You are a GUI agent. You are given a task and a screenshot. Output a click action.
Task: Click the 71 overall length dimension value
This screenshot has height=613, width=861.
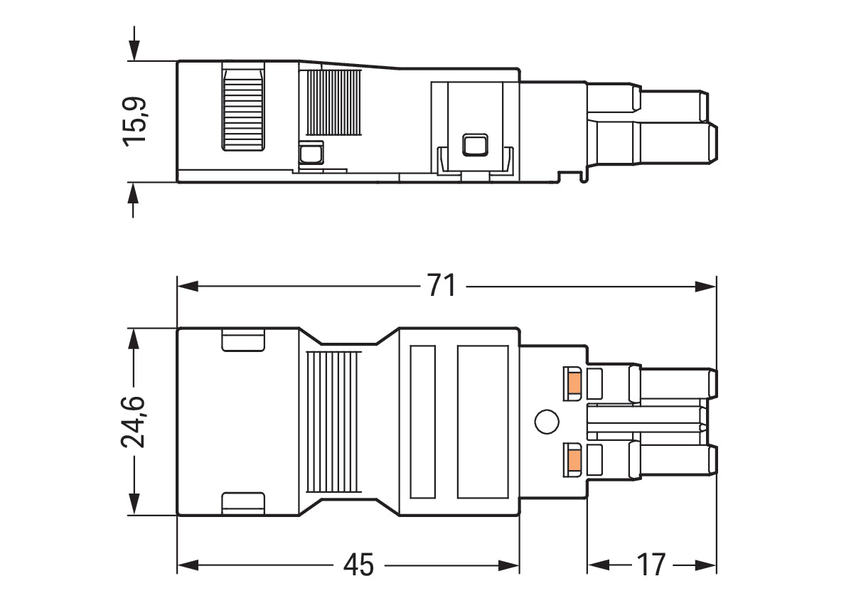click(442, 285)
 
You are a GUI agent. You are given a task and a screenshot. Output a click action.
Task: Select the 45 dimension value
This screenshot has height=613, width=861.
click(358, 565)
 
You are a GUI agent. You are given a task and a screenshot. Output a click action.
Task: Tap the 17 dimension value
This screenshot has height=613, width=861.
click(651, 565)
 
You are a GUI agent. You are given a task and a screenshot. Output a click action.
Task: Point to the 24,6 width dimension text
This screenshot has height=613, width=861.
click(133, 422)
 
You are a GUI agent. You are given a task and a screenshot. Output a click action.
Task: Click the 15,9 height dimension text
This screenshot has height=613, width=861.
click(134, 122)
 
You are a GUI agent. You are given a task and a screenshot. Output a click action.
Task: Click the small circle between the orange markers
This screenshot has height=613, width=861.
click(547, 422)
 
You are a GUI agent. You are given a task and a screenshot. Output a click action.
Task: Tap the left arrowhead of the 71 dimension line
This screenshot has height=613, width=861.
click(188, 286)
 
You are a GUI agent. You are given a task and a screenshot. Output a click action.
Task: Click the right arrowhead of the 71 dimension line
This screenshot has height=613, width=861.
click(706, 286)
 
